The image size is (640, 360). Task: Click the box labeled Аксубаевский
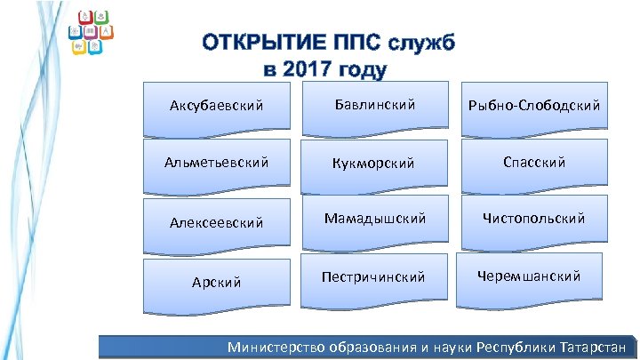coord(216,107)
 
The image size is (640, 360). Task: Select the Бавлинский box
coord(375,106)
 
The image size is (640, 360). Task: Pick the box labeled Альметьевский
coord(216,164)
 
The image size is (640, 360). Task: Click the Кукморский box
coord(375,164)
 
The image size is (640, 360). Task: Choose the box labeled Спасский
coord(533,163)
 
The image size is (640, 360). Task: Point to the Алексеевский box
coord(216,222)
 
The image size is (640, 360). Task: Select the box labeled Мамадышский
coord(375,219)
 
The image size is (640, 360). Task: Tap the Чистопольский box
coord(533,219)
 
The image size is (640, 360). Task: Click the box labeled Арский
coord(216,282)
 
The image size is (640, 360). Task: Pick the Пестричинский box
coord(375,277)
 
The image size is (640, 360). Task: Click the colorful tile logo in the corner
coord(92,34)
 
